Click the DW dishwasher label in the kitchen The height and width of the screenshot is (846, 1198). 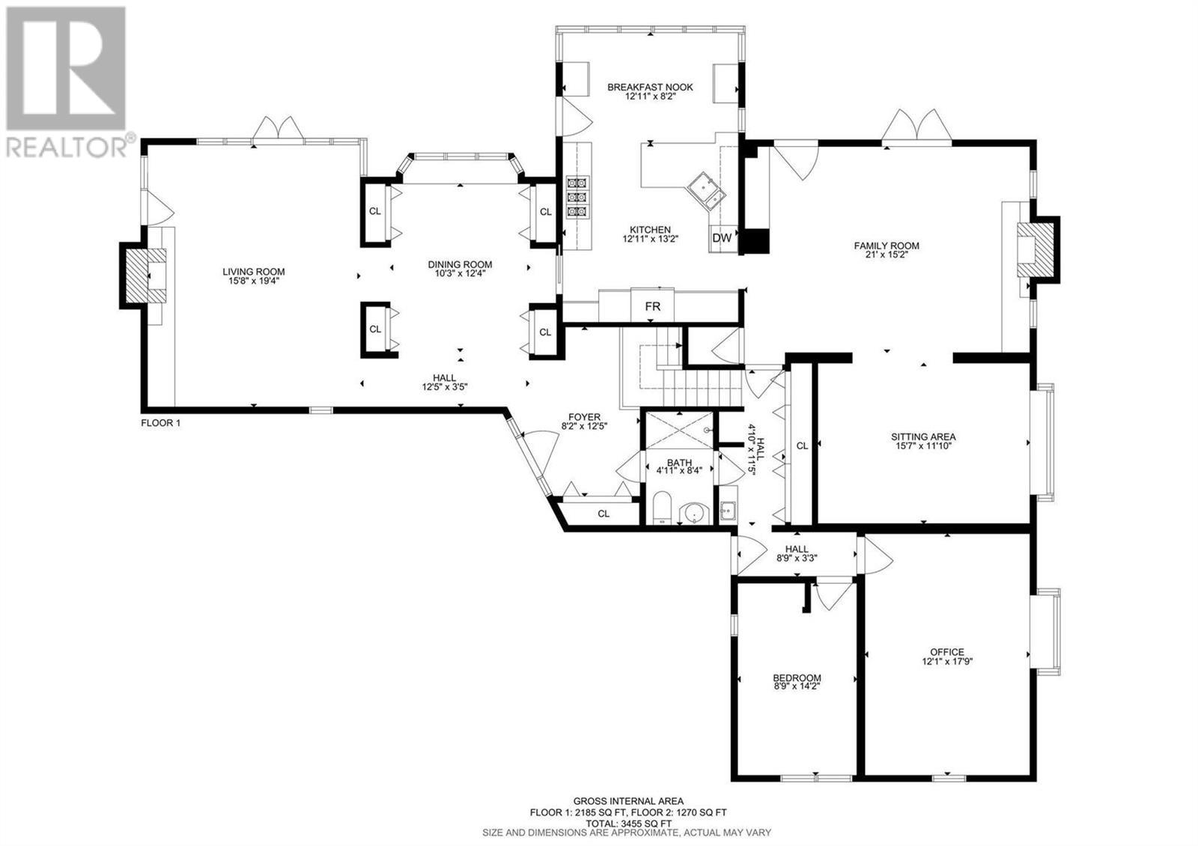[722, 239]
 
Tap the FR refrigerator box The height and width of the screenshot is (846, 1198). [652, 306]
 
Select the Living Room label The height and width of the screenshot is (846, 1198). [254, 272]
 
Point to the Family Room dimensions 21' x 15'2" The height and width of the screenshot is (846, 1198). [887, 255]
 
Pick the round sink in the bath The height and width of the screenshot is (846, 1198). [695, 513]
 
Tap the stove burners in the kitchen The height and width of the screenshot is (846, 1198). [577, 197]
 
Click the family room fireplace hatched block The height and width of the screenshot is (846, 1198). [1035, 249]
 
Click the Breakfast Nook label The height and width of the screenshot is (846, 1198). [650, 87]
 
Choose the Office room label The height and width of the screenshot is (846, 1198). [946, 652]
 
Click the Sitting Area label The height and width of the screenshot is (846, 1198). [923, 436]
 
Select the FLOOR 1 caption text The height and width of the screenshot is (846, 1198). [160, 423]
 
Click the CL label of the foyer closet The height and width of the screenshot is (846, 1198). [603, 514]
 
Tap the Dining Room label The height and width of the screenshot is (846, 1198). [460, 264]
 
